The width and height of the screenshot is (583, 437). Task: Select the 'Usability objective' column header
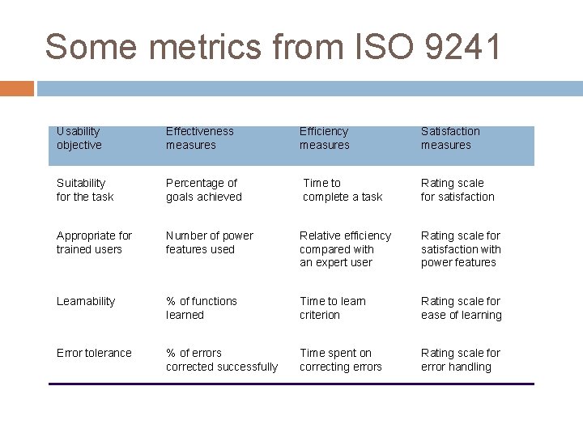[79, 138]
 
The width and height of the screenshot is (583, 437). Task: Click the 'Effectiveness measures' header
[199, 138]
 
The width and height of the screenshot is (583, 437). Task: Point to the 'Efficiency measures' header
[324, 138]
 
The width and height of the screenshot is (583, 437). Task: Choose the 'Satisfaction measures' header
[450, 138]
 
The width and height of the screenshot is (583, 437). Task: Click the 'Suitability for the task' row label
[85, 190]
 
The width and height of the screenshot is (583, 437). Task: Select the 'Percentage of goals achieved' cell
[204, 190]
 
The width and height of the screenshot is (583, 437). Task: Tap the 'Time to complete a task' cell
[342, 190]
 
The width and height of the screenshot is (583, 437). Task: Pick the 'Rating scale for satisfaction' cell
[457, 190]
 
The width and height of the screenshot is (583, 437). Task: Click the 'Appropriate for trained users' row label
[94, 242]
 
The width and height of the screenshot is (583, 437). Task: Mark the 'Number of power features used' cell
[210, 242]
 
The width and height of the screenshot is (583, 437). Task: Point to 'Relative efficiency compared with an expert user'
[345, 248]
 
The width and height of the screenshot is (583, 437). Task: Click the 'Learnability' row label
[86, 301]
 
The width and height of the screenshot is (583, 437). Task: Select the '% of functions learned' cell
[202, 308]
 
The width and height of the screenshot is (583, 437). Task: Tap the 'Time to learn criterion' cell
[333, 308]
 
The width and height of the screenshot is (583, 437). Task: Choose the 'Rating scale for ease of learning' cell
[462, 308]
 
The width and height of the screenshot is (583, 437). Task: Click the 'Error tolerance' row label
[94, 353]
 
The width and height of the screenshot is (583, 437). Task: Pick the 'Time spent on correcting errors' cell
[340, 359]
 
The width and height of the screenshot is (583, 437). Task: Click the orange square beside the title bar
[17, 88]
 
